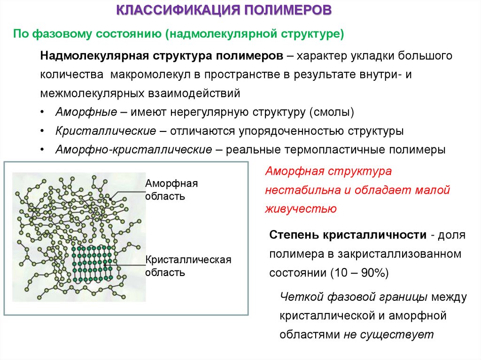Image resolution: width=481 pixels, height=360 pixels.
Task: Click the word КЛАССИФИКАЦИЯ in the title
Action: pos(179,10)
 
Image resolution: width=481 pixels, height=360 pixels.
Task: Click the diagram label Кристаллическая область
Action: pos(188,266)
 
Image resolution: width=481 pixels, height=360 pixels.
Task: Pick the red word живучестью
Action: pos(301,208)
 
